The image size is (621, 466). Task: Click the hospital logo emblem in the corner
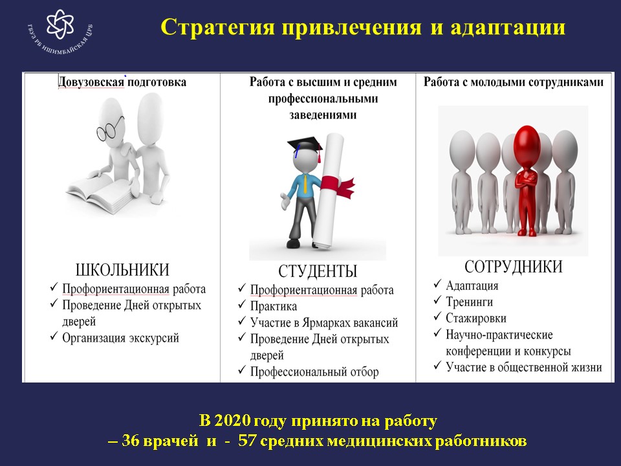pyautogui.click(x=60, y=24)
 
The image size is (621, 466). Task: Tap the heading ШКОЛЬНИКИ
pyautogui.click(x=122, y=270)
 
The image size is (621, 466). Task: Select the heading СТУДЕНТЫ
pyautogui.click(x=318, y=271)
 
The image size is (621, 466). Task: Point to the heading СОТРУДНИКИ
pyautogui.click(x=513, y=267)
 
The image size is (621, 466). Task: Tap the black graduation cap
pyautogui.click(x=305, y=145)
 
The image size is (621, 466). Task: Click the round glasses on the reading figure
pyautogui.click(x=110, y=128)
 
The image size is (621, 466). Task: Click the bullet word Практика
pyautogui.click(x=273, y=306)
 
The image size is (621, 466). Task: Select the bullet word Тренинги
pyautogui.click(x=470, y=302)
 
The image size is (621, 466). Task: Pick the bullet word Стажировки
pyautogui.click(x=476, y=318)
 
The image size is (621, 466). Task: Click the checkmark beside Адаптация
pyautogui.click(x=437, y=284)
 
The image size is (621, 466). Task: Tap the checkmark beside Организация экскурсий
pyautogui.click(x=54, y=337)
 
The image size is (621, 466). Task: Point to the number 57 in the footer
pyautogui.click(x=247, y=440)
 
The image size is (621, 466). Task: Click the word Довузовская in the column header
pyautogui.click(x=91, y=82)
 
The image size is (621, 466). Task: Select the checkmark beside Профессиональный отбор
pyautogui.click(x=242, y=370)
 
